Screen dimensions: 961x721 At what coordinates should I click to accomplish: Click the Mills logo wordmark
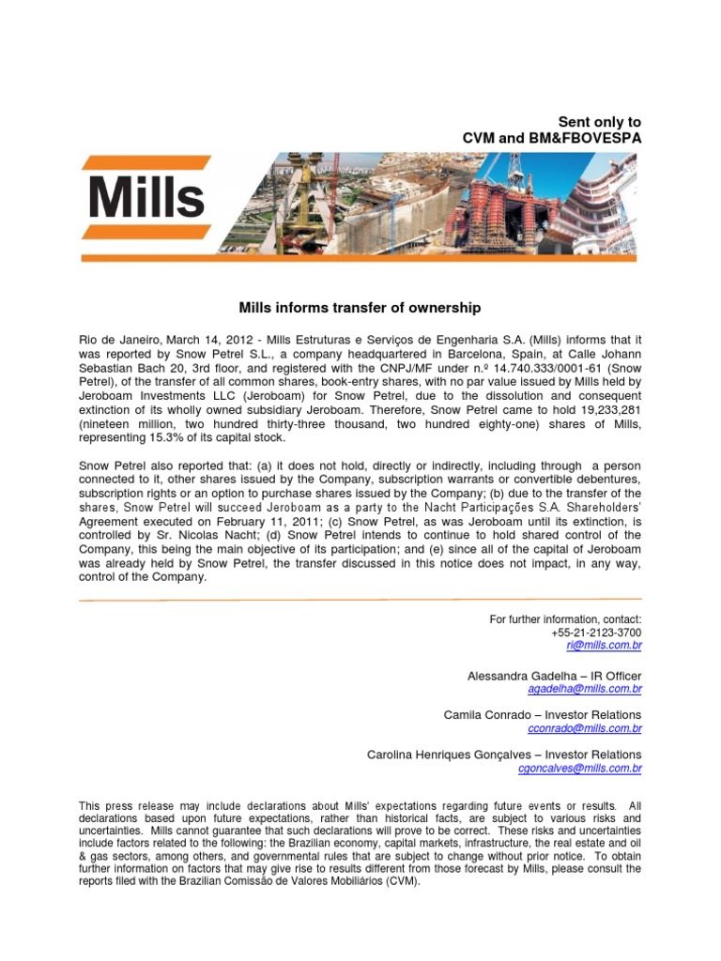[x=146, y=197]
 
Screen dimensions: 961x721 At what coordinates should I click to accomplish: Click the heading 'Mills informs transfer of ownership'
[x=360, y=307]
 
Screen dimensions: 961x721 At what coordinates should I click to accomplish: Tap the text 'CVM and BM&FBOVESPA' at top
[x=552, y=138]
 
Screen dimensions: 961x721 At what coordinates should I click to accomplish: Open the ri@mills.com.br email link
[x=604, y=647]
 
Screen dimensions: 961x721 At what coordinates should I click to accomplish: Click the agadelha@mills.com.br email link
[x=584, y=689]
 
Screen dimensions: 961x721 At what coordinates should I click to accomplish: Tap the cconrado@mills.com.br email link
[x=585, y=728]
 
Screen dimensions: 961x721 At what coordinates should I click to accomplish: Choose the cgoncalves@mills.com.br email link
[x=580, y=768]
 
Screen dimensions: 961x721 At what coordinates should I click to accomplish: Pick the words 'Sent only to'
[x=600, y=122]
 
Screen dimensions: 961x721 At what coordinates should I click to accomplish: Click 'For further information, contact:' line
[x=565, y=619]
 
